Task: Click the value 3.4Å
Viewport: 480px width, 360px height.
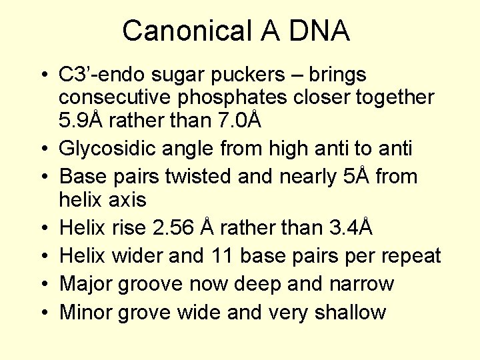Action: (351, 228)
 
